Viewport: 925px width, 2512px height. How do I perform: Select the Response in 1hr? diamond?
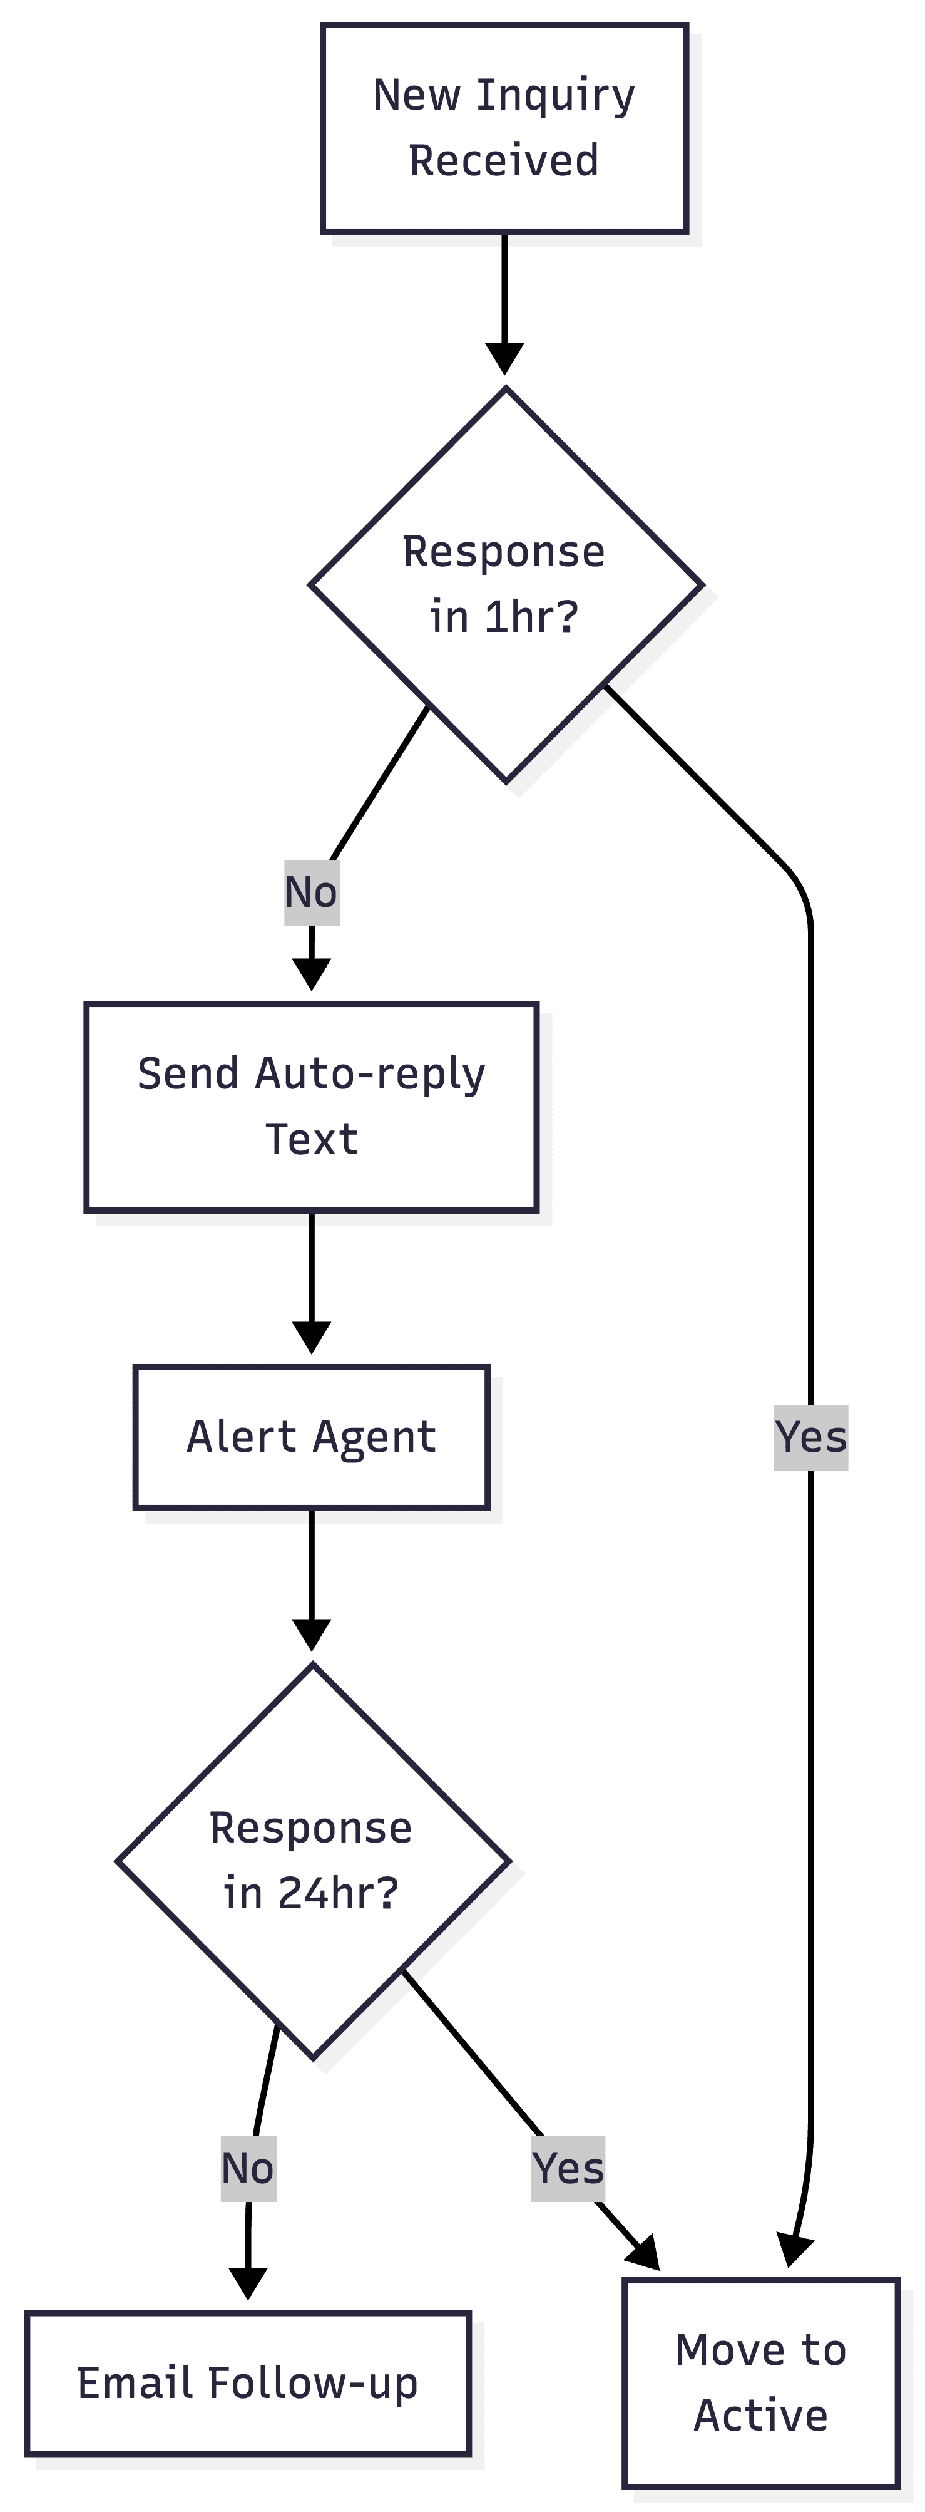point(505,585)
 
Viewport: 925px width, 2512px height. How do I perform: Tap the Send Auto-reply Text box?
point(311,1107)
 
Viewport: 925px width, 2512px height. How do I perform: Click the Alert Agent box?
point(311,1437)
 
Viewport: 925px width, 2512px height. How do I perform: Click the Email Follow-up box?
point(248,2383)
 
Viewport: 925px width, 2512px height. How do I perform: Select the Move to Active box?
point(760,2382)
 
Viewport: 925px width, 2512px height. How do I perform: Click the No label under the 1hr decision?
point(311,892)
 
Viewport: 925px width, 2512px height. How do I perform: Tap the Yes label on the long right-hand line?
point(810,1437)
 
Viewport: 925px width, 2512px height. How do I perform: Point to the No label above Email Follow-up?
point(248,2169)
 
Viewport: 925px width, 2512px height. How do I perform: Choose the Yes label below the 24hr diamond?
point(567,2169)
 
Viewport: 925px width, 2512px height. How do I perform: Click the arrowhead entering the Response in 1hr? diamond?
point(504,358)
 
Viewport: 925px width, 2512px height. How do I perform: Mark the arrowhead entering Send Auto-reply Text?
point(311,974)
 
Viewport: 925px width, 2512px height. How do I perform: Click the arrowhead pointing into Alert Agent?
point(311,1337)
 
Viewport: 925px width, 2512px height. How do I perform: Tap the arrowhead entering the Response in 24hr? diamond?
point(311,1635)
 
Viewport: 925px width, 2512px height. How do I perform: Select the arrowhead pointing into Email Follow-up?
point(248,2283)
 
